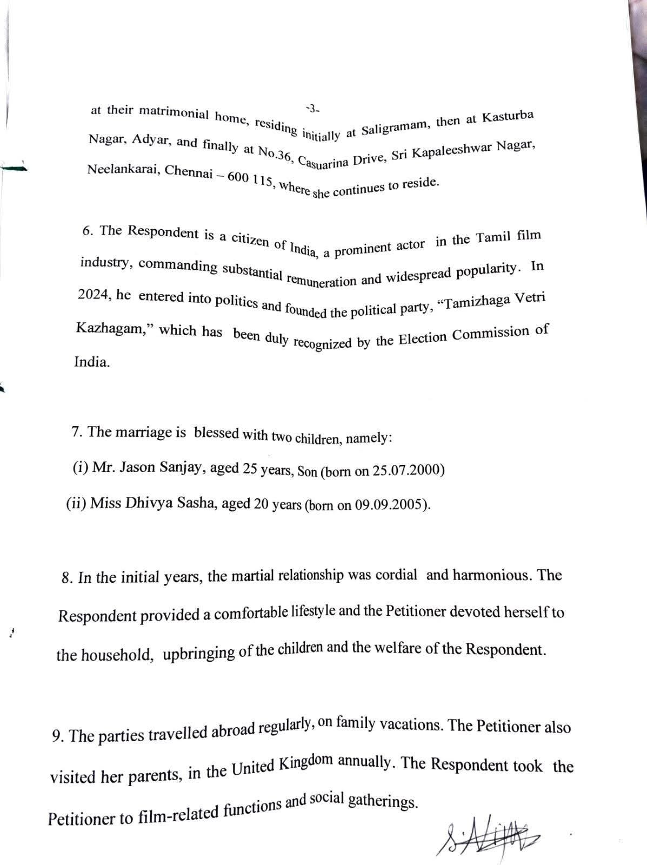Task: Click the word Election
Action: tap(423, 338)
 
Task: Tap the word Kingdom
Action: tap(304, 764)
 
